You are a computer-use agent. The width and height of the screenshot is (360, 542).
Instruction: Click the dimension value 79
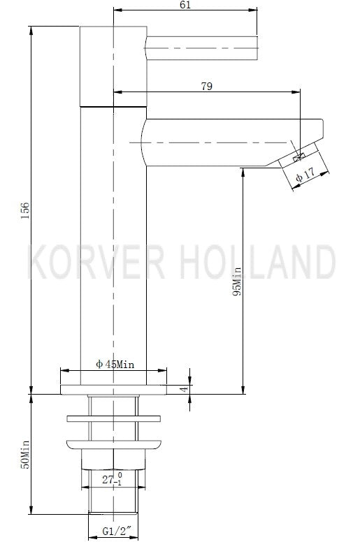click(207, 86)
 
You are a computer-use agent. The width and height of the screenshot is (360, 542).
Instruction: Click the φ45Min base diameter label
click(115, 365)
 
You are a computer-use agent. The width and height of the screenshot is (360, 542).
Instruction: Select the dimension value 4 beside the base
click(184, 389)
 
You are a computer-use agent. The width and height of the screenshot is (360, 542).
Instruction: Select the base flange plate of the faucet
click(113, 389)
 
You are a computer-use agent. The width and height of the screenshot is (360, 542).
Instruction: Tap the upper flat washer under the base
click(113, 420)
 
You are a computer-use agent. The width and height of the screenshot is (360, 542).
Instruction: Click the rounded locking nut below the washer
click(113, 442)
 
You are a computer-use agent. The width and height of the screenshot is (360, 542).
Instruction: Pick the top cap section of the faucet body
click(113, 66)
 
